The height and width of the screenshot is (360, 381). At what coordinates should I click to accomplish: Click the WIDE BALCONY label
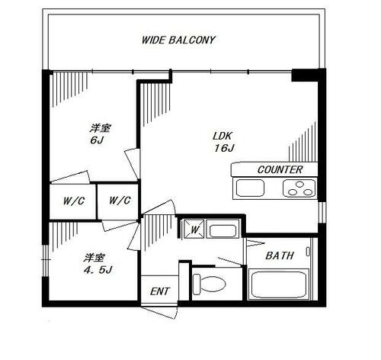pyautogui.click(x=178, y=40)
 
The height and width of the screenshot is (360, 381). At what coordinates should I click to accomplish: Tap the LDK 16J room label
pyautogui.click(x=223, y=142)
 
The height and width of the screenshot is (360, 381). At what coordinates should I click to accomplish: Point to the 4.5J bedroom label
pyautogui.click(x=98, y=264)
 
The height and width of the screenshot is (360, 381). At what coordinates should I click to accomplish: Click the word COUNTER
pyautogui.click(x=280, y=169)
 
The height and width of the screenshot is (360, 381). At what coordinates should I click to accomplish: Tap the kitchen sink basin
pyautogui.click(x=250, y=188)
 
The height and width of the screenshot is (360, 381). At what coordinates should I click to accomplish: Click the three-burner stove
pyautogui.click(x=299, y=188)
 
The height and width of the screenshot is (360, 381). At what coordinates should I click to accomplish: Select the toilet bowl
pyautogui.click(x=209, y=284)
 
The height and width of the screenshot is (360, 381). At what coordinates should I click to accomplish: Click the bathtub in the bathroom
pyautogui.click(x=279, y=284)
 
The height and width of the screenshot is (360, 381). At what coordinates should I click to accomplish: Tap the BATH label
pyautogui.click(x=280, y=256)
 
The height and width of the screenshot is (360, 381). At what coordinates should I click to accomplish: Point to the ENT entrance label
pyautogui.click(x=159, y=291)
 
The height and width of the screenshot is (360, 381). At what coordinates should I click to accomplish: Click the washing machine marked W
pyautogui.click(x=194, y=229)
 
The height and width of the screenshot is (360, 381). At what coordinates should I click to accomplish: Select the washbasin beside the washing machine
pyautogui.click(x=223, y=229)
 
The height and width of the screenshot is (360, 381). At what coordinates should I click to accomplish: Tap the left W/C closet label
pyautogui.click(x=74, y=201)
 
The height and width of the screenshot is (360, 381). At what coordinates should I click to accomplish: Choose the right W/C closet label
pyautogui.click(x=120, y=200)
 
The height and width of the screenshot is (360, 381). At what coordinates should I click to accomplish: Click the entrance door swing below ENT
pyautogui.click(x=159, y=312)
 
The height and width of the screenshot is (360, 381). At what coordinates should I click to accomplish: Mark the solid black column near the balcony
pyautogui.click(x=304, y=76)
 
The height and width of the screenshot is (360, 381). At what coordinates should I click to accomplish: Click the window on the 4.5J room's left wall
pyautogui.click(x=45, y=261)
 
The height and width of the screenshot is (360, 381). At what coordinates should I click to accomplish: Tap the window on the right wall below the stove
pyautogui.click(x=322, y=212)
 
